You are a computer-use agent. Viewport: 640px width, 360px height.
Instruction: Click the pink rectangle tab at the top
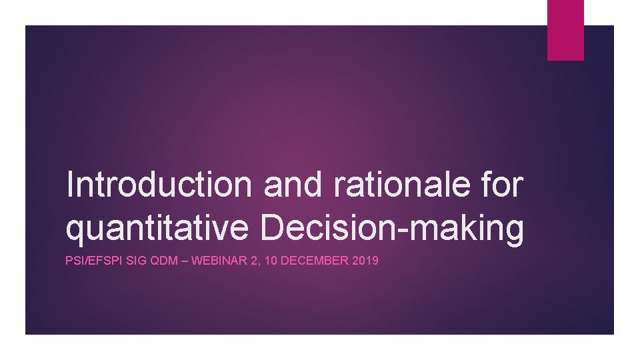[565, 30]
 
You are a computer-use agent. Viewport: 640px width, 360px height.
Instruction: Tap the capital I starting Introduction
[71, 185]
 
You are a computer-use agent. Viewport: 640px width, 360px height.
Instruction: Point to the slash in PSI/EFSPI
[84, 261]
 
